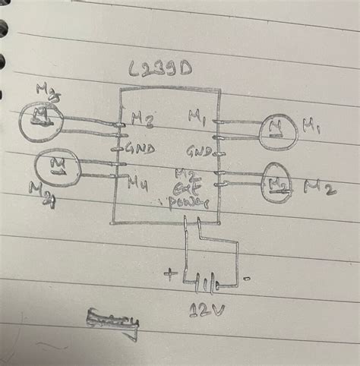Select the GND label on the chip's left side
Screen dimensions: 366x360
coord(140,150)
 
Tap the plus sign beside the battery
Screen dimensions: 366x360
coord(169,273)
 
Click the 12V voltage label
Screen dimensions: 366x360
coord(207,312)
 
